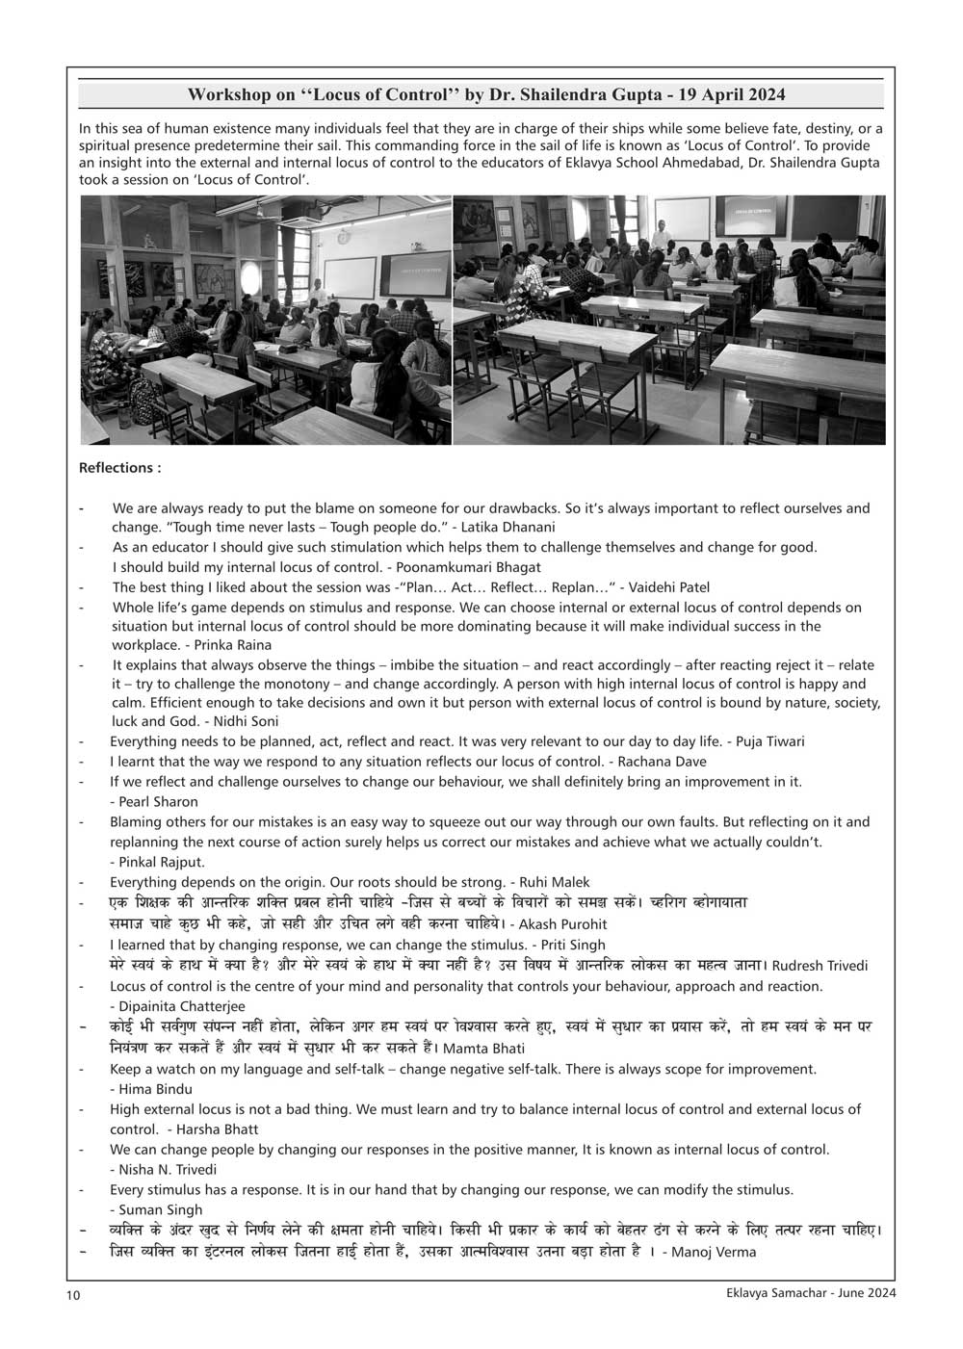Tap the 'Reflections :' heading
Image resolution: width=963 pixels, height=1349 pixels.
pos(119,468)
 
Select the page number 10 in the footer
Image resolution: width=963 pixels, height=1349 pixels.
pos(73,1295)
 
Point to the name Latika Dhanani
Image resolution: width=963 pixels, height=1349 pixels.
pos(507,527)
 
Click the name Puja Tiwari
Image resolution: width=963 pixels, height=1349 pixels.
pos(770,741)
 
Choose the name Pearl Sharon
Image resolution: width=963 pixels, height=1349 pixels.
pos(159,801)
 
